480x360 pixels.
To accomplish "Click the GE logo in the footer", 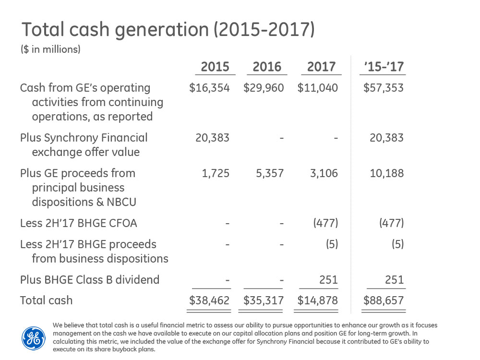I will coord(34,338).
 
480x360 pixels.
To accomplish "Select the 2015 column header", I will coord(215,66).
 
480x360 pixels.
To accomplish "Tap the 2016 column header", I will coord(267,66).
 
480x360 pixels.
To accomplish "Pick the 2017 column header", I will coord(321,66).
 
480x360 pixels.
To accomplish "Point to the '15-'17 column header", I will coord(383,66).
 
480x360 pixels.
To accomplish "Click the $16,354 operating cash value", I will coord(210,88).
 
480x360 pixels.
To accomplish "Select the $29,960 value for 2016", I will coord(264,88).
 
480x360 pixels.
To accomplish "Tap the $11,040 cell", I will coord(318,88).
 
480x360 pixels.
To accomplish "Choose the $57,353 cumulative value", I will coord(384,88).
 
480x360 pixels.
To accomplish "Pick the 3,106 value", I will coord(324,173).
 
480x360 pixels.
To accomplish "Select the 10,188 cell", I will coord(387,173).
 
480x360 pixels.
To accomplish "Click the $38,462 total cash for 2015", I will coord(210,300).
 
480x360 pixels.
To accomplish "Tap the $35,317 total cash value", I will coord(264,300).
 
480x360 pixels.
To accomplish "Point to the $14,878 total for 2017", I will coord(318,300).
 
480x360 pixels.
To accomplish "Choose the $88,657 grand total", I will coord(384,300).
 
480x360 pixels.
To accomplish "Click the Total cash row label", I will coord(46,300).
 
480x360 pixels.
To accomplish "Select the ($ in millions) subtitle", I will coord(50,49).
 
